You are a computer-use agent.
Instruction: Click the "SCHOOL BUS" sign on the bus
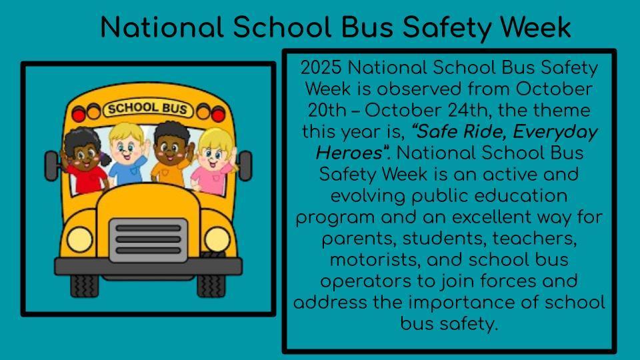click(x=148, y=109)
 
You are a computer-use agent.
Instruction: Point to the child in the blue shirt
click(x=127, y=153)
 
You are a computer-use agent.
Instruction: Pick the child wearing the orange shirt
click(x=171, y=153)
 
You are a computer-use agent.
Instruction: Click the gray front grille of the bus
click(x=149, y=240)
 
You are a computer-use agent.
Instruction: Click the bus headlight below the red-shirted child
click(x=79, y=239)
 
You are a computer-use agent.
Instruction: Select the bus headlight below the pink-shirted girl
click(x=217, y=239)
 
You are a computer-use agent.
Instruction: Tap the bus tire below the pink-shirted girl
click(x=211, y=285)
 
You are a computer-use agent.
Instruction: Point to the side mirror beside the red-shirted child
click(x=51, y=166)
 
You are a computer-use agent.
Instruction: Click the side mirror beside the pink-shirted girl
click(x=245, y=166)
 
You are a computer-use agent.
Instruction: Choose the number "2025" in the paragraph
click(x=321, y=68)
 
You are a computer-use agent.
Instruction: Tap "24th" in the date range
click(x=469, y=110)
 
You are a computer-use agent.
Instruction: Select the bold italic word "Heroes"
click(x=349, y=153)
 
